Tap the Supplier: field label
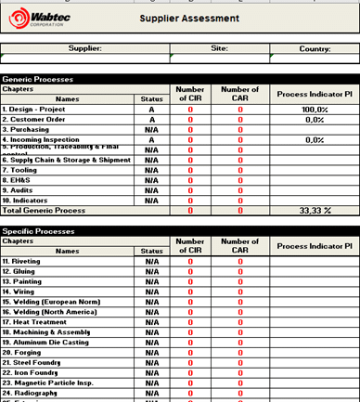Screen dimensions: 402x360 85,47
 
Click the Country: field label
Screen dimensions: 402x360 315,47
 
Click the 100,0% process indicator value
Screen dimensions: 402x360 315,110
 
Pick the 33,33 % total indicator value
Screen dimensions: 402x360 315,211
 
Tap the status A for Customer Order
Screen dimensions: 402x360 151,120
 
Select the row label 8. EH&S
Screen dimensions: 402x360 18,180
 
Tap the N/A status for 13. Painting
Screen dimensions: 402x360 151,281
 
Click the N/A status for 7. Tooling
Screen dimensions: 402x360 151,170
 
